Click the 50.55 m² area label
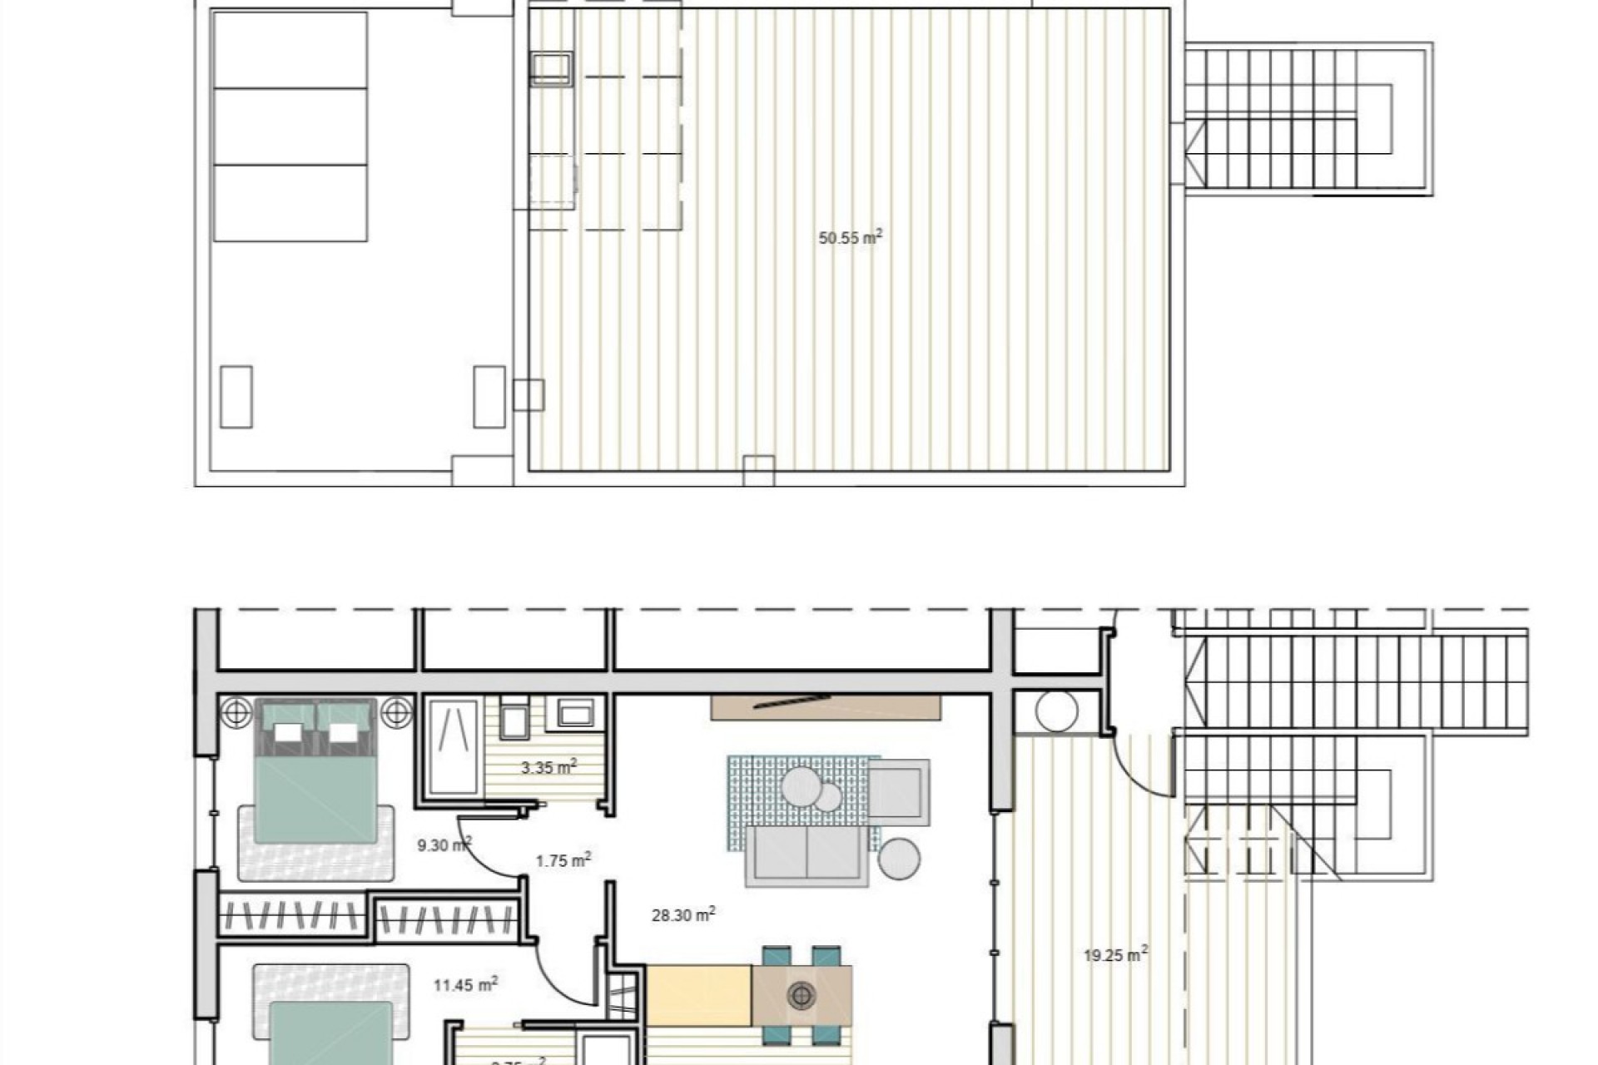coord(850,238)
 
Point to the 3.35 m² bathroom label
coord(548,767)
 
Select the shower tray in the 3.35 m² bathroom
coord(453,747)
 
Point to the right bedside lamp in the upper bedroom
coord(396,712)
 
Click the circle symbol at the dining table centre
coord(801,994)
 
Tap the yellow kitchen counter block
coord(699,995)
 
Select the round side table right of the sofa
coord(899,859)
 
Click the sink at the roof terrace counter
coord(551,67)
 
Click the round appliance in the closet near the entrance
coord(1057,711)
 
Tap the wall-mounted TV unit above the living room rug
coord(826,707)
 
